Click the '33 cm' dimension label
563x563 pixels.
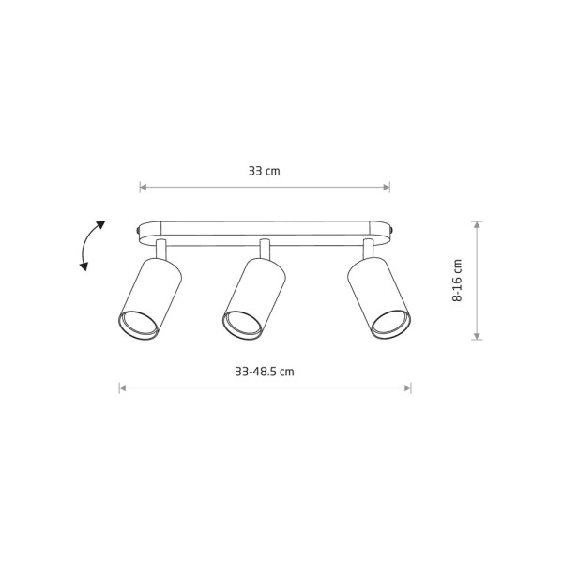pyautogui.click(x=265, y=171)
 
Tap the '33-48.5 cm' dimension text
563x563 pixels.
pyautogui.click(x=265, y=372)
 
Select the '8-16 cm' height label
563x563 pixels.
pyautogui.click(x=457, y=280)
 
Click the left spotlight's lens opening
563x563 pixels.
pyautogui.click(x=138, y=325)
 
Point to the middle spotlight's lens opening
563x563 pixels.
pyautogui.click(x=242, y=325)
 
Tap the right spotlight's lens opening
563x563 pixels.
pyautogui.click(x=390, y=325)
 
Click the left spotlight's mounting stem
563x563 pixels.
pyautogui.click(x=161, y=250)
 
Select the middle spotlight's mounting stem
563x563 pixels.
pyautogui.click(x=265, y=249)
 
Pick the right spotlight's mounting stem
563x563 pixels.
pyautogui.click(x=368, y=249)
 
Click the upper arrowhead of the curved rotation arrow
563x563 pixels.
pyautogui.click(x=100, y=225)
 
